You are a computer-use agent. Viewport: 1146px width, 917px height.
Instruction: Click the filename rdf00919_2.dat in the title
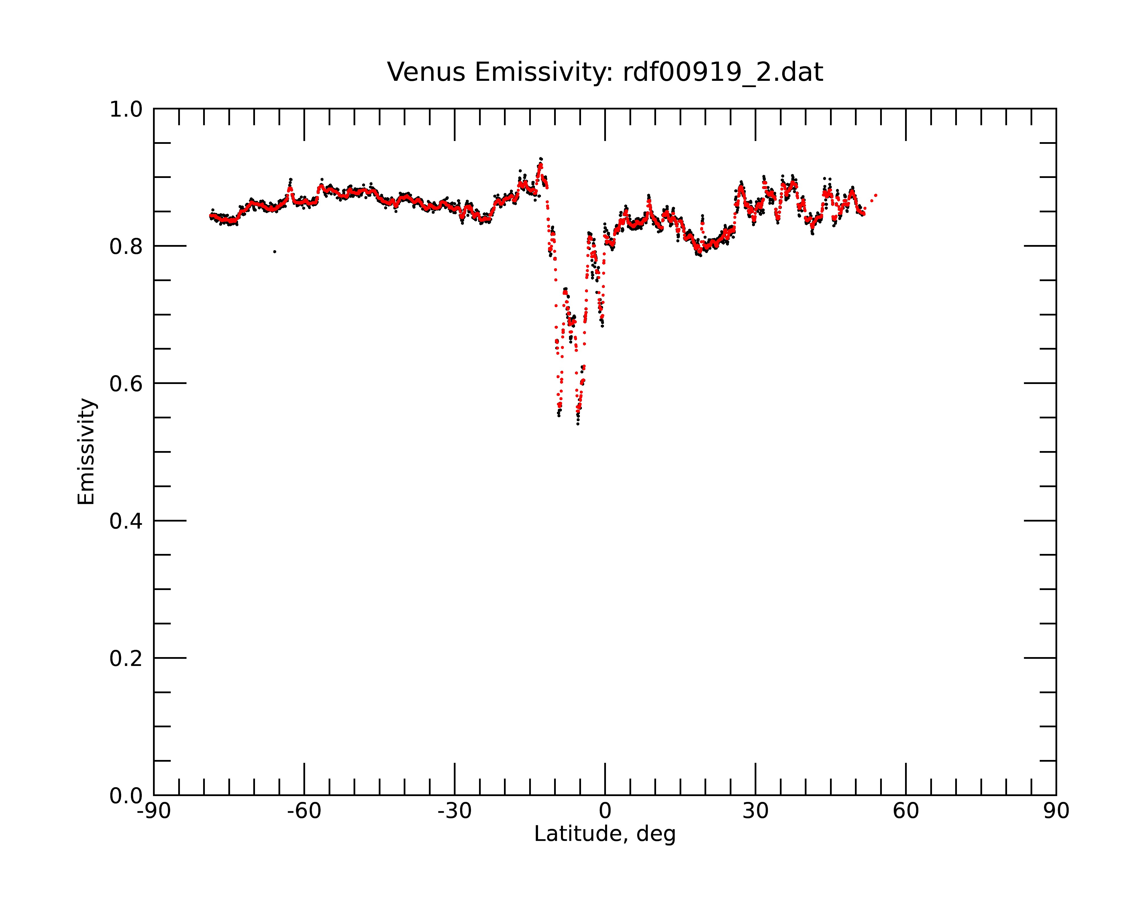pyautogui.click(x=723, y=73)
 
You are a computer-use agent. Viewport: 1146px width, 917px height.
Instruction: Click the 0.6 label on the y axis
pyautogui.click(x=126, y=384)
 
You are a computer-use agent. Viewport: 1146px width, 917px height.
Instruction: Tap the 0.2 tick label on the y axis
pyautogui.click(x=126, y=659)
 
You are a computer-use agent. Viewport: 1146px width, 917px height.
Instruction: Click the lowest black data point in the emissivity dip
pyautogui.click(x=578, y=424)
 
